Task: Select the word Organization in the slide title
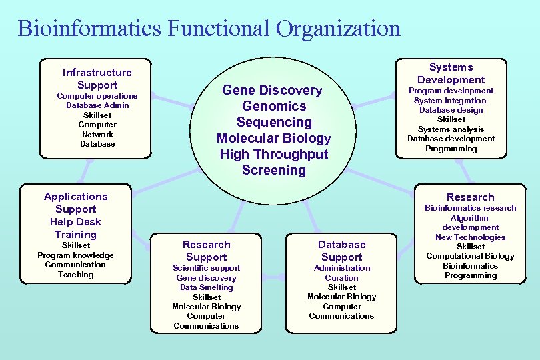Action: (x=338, y=29)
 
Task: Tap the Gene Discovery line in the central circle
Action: (x=272, y=90)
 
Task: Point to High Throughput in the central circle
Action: (x=274, y=154)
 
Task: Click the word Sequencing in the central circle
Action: (x=274, y=122)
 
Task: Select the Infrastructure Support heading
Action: (x=97, y=79)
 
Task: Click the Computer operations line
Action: (x=97, y=96)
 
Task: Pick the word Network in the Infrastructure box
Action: (x=97, y=134)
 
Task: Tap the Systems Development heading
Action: (x=451, y=73)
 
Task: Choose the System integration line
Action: (x=451, y=100)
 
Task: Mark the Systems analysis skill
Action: (x=451, y=129)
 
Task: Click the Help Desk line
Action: (x=75, y=222)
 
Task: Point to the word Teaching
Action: (x=75, y=274)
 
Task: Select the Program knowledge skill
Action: (x=75, y=255)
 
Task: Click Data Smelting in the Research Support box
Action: (x=207, y=287)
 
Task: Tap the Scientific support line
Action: (x=207, y=268)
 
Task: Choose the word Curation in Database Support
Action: (x=341, y=277)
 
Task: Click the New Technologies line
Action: (x=470, y=237)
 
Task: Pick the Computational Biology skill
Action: (x=470, y=256)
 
